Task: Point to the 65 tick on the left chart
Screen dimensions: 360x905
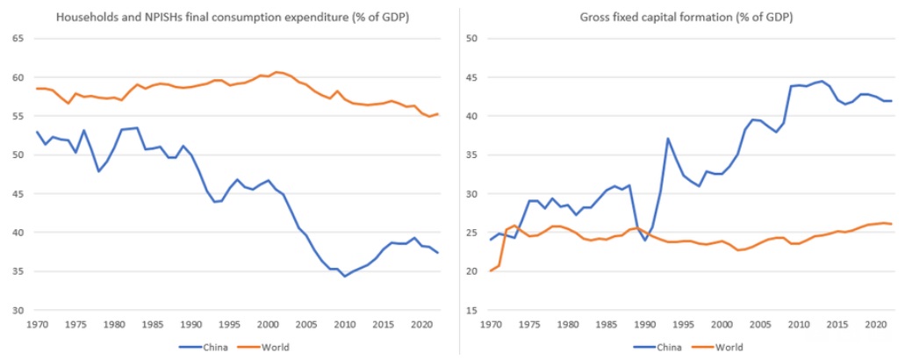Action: click(x=18, y=39)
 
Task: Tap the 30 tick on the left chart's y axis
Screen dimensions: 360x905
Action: click(x=18, y=310)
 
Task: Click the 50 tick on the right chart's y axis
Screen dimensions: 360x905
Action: click(x=470, y=39)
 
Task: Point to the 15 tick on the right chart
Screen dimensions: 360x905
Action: click(x=470, y=310)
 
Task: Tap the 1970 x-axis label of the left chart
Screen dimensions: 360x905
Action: click(x=38, y=324)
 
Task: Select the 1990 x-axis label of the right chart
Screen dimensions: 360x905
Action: click(x=644, y=324)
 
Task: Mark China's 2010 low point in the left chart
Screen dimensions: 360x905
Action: click(x=345, y=276)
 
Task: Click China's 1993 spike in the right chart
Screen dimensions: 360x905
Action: click(x=668, y=139)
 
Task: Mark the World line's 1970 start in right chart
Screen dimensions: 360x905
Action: click(x=491, y=270)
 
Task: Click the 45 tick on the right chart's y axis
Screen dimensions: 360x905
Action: click(x=470, y=77)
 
